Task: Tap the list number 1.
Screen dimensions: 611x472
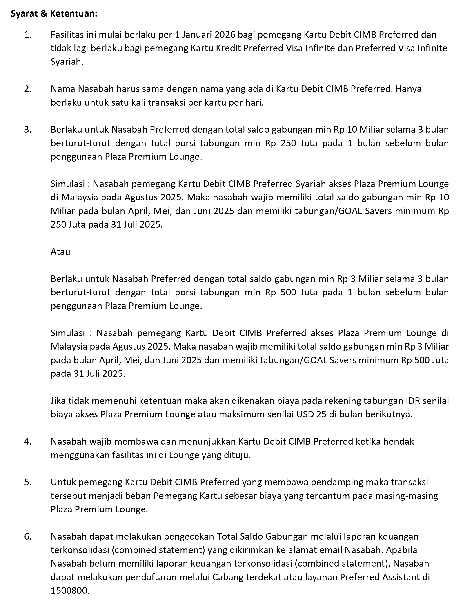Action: click(27, 35)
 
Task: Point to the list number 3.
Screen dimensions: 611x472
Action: click(27, 130)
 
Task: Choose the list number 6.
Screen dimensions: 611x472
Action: click(27, 536)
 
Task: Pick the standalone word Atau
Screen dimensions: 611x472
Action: click(60, 252)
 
